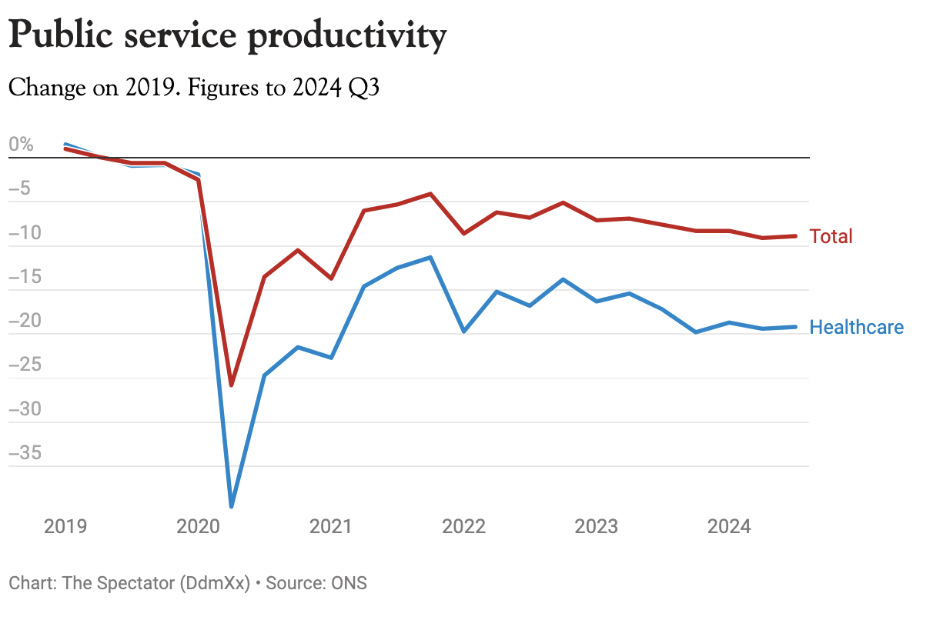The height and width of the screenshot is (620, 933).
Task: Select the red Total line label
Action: click(831, 236)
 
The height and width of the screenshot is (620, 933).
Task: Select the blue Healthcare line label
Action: click(856, 327)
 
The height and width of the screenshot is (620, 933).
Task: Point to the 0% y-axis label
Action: click(22, 145)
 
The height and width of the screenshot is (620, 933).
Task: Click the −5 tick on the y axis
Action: click(22, 188)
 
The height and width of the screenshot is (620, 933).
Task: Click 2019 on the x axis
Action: click(65, 527)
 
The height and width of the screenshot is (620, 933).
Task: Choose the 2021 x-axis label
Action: click(331, 527)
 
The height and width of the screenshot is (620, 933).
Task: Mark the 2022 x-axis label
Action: click(464, 527)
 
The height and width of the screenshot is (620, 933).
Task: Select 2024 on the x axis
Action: click(730, 527)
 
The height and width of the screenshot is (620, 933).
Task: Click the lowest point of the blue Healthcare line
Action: click(231, 505)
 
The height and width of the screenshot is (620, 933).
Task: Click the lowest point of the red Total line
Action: click(231, 385)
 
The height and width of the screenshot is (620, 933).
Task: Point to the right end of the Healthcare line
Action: click(795, 327)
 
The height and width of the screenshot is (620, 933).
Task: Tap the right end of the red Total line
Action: click(795, 236)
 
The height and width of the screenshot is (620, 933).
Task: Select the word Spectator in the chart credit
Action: click(135, 583)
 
